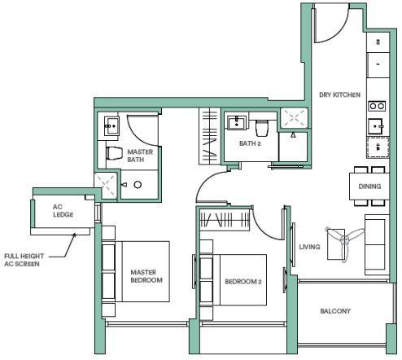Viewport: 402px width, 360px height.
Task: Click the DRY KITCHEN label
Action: tap(339, 94)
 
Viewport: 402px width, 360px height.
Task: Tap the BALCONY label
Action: tap(335, 311)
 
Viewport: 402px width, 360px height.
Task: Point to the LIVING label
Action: tap(309, 247)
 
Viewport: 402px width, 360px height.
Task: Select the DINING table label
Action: tap(369, 187)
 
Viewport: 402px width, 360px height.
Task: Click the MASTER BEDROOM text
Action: tap(146, 276)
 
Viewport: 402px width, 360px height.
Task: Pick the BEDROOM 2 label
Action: tap(243, 282)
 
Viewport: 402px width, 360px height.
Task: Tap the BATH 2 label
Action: tap(250, 143)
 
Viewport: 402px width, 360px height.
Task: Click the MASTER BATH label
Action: tap(140, 156)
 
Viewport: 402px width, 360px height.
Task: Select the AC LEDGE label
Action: tap(63, 211)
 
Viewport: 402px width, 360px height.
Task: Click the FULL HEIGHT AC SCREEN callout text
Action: tap(24, 260)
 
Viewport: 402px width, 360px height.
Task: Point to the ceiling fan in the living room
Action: tap(345, 241)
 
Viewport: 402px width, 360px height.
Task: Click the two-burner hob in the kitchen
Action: tap(377, 106)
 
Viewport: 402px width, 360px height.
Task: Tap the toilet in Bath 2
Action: tap(262, 128)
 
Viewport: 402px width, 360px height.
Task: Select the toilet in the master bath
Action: tap(114, 153)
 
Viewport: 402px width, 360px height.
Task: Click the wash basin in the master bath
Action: tap(111, 125)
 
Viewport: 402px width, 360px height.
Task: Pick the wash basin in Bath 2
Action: tap(237, 123)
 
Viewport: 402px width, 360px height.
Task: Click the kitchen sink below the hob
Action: tap(376, 126)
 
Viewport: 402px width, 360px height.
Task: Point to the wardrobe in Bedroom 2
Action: tap(225, 220)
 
